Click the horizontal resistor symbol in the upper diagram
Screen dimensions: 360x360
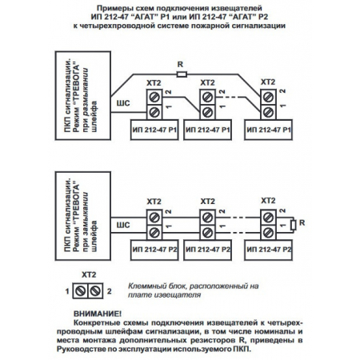coord(181,74)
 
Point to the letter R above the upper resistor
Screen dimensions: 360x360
coord(182,65)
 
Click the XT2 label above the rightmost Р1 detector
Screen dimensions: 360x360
coord(269,82)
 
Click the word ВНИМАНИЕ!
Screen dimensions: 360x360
coord(96,312)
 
